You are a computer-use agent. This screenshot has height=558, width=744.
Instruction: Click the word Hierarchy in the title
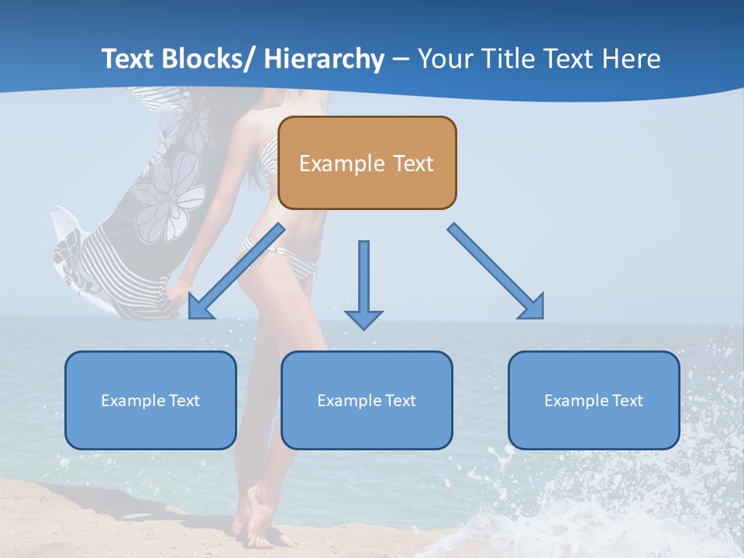[324, 60]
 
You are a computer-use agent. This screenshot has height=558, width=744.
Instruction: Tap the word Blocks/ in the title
[207, 60]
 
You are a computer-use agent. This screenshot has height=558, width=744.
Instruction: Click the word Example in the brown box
[342, 164]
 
